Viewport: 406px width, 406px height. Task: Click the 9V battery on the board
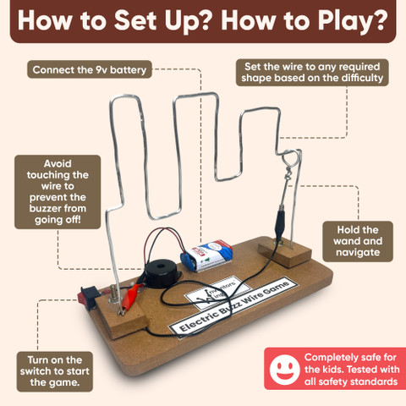(207, 255)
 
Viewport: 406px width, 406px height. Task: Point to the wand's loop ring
(291, 158)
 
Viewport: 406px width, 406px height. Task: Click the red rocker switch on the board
(88, 298)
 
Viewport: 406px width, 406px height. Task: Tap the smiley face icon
(284, 370)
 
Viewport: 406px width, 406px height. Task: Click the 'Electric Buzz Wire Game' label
(233, 307)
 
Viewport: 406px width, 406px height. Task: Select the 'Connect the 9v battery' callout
(90, 69)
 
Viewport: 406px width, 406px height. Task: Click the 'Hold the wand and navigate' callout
(358, 241)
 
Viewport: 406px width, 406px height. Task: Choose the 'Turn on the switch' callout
(55, 371)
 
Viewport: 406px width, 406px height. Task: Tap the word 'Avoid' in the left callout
(58, 164)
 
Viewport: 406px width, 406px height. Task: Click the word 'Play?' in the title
(353, 21)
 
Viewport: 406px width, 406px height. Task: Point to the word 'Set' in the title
(135, 21)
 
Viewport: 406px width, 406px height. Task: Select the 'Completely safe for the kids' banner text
(352, 370)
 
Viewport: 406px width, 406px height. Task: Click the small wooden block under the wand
(285, 252)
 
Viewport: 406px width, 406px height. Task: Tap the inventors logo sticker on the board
(218, 293)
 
